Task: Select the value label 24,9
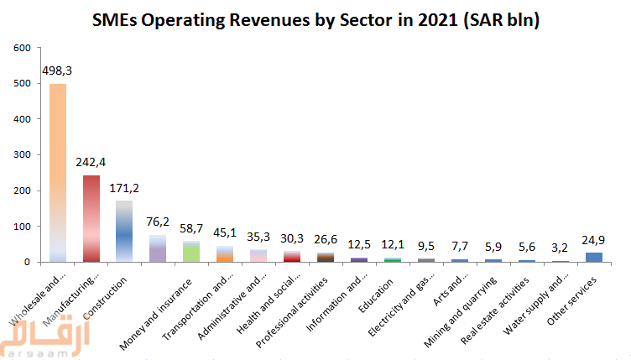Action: click(x=594, y=240)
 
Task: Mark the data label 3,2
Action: click(x=561, y=248)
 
